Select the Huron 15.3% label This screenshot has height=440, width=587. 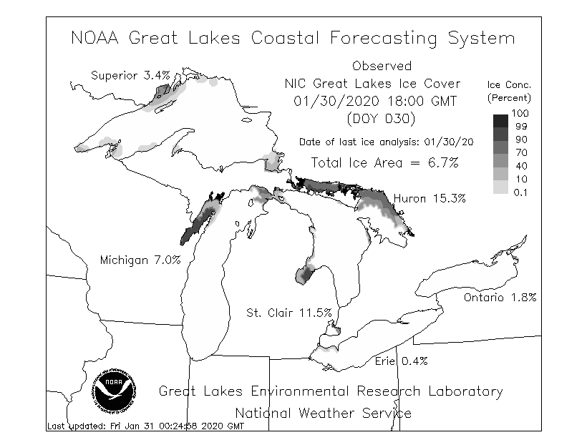point(430,198)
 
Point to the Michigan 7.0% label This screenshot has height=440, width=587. point(140,259)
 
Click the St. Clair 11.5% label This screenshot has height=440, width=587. point(288,313)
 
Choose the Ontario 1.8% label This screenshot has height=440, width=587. point(500,298)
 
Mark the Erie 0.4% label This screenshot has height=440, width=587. point(401,361)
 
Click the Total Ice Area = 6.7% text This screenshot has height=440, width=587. point(384,162)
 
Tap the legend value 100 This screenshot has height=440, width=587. point(520,114)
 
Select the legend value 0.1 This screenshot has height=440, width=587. point(520,192)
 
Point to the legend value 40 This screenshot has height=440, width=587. point(520,166)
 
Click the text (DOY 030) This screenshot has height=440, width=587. point(382,118)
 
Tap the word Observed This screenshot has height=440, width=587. point(382,67)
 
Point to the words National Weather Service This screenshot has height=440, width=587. point(324,413)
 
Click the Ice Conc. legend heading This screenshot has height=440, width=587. point(509,84)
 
